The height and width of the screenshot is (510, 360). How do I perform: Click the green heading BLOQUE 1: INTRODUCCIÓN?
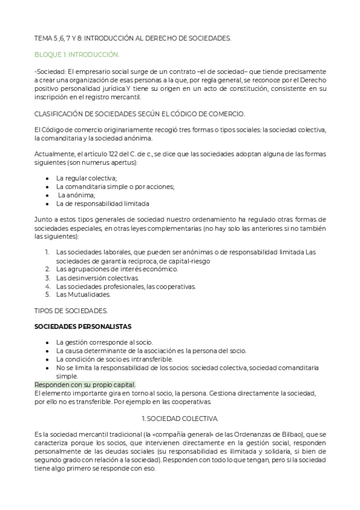point(77,55)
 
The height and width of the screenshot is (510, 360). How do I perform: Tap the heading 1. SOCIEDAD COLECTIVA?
point(180,417)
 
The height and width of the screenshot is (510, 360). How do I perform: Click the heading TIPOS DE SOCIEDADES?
point(71,310)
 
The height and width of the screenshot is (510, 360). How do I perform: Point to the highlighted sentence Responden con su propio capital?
point(85,385)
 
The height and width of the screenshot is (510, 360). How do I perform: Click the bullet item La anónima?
point(76,195)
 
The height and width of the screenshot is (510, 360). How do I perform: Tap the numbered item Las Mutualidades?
point(84,295)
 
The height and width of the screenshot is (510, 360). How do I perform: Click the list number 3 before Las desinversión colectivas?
point(47,278)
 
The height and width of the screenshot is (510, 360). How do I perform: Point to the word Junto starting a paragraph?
point(43,220)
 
